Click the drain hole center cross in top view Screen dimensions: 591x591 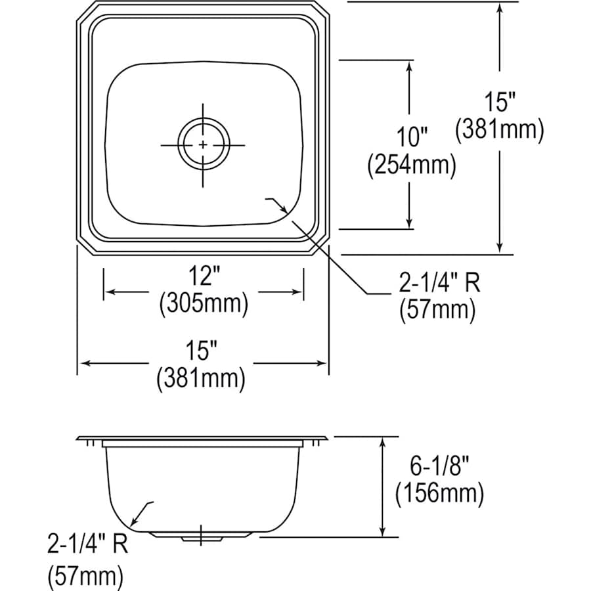pos(204,144)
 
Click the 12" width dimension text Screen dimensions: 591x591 pos(204,277)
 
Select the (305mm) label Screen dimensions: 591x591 pos(204,303)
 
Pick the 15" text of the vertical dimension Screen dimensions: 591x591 pos(499,102)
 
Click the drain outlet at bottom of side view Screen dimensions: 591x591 pos(200,538)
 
